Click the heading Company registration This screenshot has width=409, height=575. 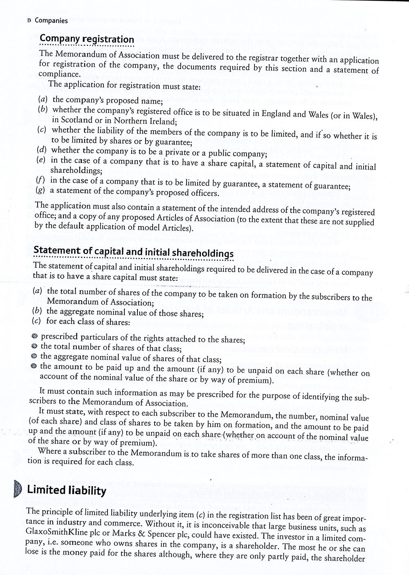tap(87, 39)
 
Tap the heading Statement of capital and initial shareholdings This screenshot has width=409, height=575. tap(133, 251)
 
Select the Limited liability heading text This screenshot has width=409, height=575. tap(67, 490)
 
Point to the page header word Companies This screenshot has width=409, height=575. tap(51, 20)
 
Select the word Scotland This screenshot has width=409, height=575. tap(72, 120)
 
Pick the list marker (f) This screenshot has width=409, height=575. tap(40, 180)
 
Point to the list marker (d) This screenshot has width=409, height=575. tap(41, 150)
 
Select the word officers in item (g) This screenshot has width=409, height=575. tap(204, 192)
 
